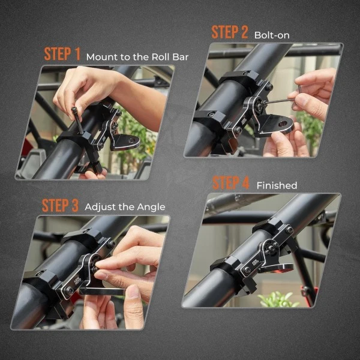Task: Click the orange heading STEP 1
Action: pyautogui.click(x=62, y=54)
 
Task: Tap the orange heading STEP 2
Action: pyautogui.click(x=230, y=32)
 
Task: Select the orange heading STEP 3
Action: pyautogui.click(x=60, y=205)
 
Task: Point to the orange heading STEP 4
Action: pyautogui.click(x=231, y=183)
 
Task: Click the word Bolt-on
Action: pyautogui.click(x=272, y=35)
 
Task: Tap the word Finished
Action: pyautogui.click(x=277, y=185)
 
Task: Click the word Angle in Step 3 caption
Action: pyautogui.click(x=151, y=208)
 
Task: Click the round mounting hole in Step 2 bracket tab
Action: pyautogui.click(x=283, y=124)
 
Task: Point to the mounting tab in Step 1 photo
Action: pyautogui.click(x=125, y=142)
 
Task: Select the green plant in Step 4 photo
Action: pyautogui.click(x=278, y=299)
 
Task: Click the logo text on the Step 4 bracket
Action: pyautogui.click(x=253, y=263)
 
